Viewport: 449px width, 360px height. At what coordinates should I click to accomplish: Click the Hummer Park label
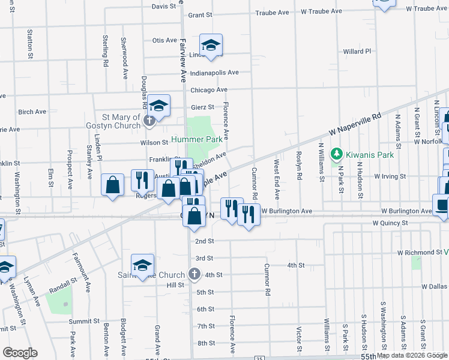197,139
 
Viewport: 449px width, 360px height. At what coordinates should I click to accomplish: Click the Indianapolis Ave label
214,73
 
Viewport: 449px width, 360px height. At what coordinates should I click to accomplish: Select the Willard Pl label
357,52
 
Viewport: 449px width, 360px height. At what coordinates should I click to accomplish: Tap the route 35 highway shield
259,358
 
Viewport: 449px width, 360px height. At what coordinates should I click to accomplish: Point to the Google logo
19,353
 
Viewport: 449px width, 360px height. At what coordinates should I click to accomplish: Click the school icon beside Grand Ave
143,264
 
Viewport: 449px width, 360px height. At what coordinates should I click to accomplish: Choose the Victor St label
298,338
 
